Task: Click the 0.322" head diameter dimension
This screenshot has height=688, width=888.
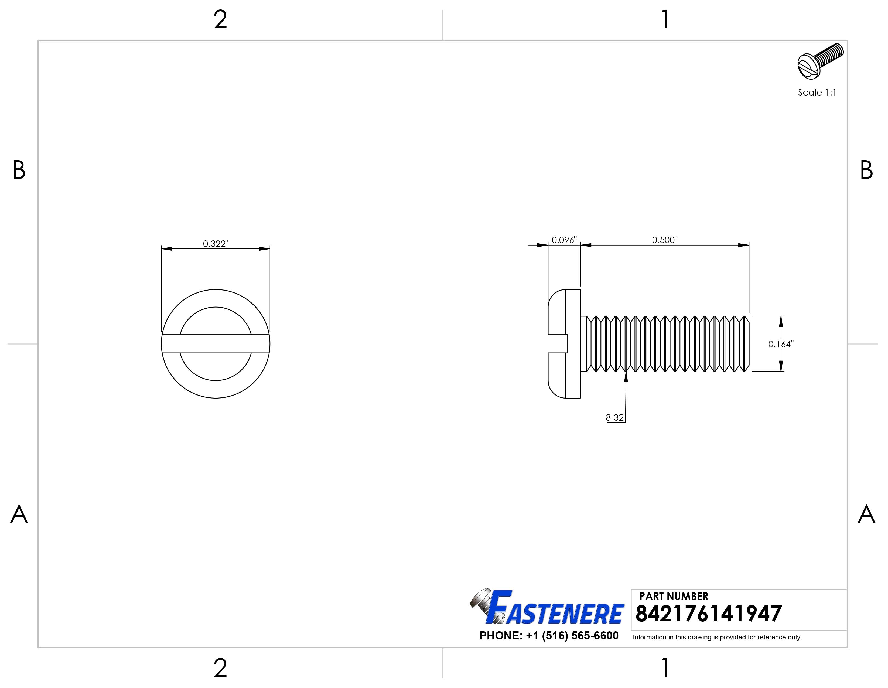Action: [x=216, y=244]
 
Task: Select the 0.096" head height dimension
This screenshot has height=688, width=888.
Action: [x=564, y=240]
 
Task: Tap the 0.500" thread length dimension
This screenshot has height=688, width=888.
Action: [x=664, y=240]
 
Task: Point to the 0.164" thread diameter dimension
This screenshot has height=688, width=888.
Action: [x=781, y=344]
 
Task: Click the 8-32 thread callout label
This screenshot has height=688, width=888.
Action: [x=614, y=418]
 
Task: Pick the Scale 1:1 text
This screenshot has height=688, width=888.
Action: [x=817, y=92]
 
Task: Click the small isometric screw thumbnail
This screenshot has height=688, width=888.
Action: [x=820, y=61]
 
